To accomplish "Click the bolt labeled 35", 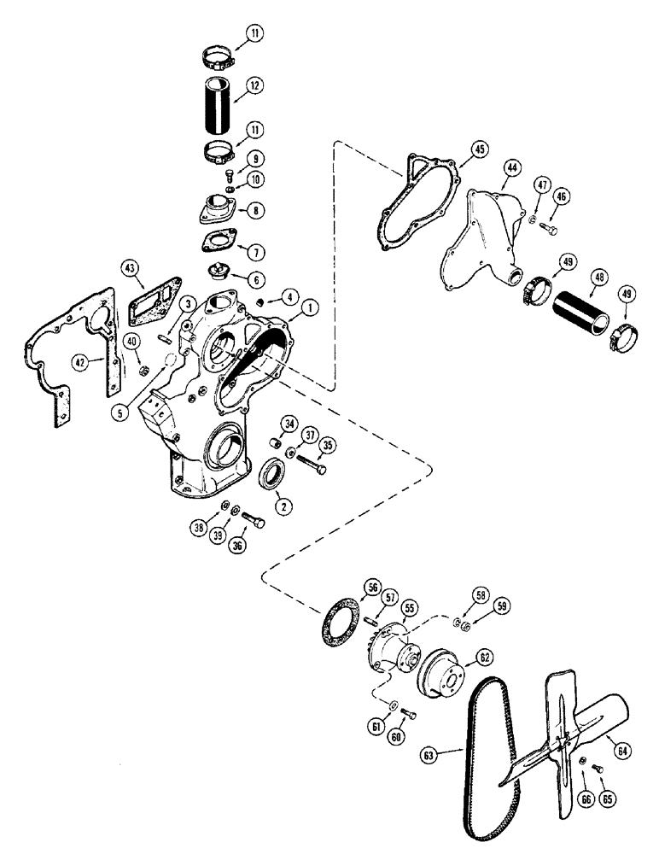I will click(309, 465).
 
